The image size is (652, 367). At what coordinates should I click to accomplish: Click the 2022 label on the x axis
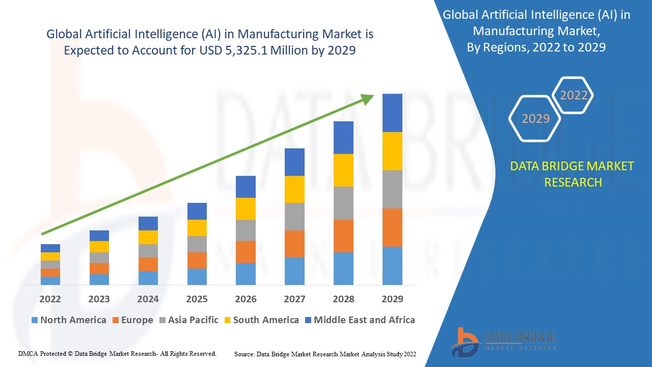pyautogui.click(x=50, y=299)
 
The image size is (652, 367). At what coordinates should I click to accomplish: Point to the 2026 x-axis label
pyautogui.click(x=246, y=299)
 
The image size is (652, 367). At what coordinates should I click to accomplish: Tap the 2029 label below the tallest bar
pyautogui.click(x=392, y=299)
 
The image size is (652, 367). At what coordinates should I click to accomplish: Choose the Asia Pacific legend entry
pyautogui.click(x=193, y=320)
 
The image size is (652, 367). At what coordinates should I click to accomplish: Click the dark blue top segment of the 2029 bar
pyautogui.click(x=392, y=113)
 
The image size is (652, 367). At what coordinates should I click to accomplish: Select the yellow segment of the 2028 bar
pyautogui.click(x=343, y=170)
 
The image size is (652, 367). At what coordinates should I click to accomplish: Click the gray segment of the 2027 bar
pyautogui.click(x=294, y=217)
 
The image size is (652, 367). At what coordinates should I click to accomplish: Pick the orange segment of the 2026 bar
pyautogui.click(x=246, y=252)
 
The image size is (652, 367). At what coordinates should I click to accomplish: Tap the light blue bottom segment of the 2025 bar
pyautogui.click(x=197, y=276)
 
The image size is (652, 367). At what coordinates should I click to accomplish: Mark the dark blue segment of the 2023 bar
pyautogui.click(x=99, y=235)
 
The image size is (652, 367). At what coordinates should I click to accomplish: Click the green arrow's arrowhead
pyautogui.click(x=368, y=98)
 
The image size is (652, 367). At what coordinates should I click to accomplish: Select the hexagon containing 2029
pyautogui.click(x=535, y=118)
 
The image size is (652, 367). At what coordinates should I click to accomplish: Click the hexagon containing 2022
pyautogui.click(x=574, y=95)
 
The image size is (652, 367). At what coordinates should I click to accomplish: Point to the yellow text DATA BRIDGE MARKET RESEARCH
pyautogui.click(x=573, y=174)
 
